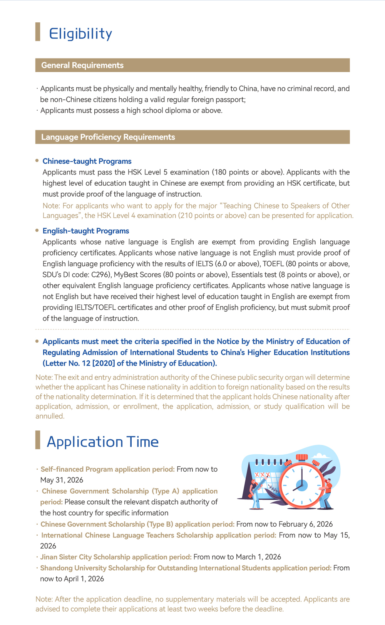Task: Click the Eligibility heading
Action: [x=80, y=34]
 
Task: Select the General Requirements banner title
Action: [x=82, y=65]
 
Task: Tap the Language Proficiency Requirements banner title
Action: [x=108, y=137]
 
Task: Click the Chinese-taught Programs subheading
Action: [x=87, y=161]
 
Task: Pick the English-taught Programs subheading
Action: [x=86, y=231]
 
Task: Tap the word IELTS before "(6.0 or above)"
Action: [x=204, y=264]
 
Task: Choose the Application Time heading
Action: [x=102, y=442]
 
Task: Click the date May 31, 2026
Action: [x=62, y=480]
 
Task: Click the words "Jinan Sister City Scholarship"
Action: [x=85, y=557]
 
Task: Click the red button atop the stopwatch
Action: [x=302, y=458]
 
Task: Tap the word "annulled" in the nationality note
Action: [x=49, y=416]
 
